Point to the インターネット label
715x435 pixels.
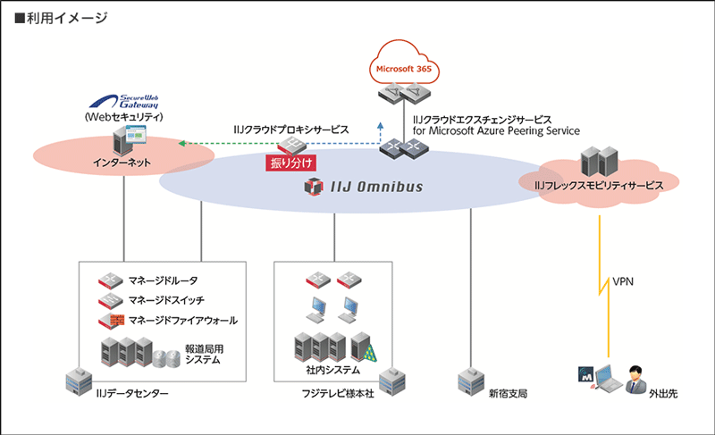pos(122,163)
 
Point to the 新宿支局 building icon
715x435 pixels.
pos(470,381)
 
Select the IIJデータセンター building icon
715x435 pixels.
pos(77,381)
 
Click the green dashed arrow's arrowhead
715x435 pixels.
pos(181,142)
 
